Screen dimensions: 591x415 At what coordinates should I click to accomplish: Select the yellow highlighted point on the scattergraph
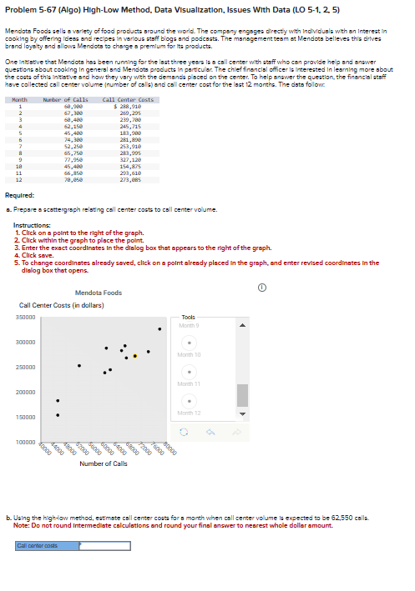[135, 355]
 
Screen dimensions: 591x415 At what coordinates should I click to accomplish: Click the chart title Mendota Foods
[99, 293]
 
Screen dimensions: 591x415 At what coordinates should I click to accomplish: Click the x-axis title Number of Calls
[104, 463]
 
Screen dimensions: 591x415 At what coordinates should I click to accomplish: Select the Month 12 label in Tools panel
[190, 413]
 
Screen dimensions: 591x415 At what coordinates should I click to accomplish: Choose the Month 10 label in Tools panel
[190, 355]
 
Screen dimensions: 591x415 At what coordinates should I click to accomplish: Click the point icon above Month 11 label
[190, 372]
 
